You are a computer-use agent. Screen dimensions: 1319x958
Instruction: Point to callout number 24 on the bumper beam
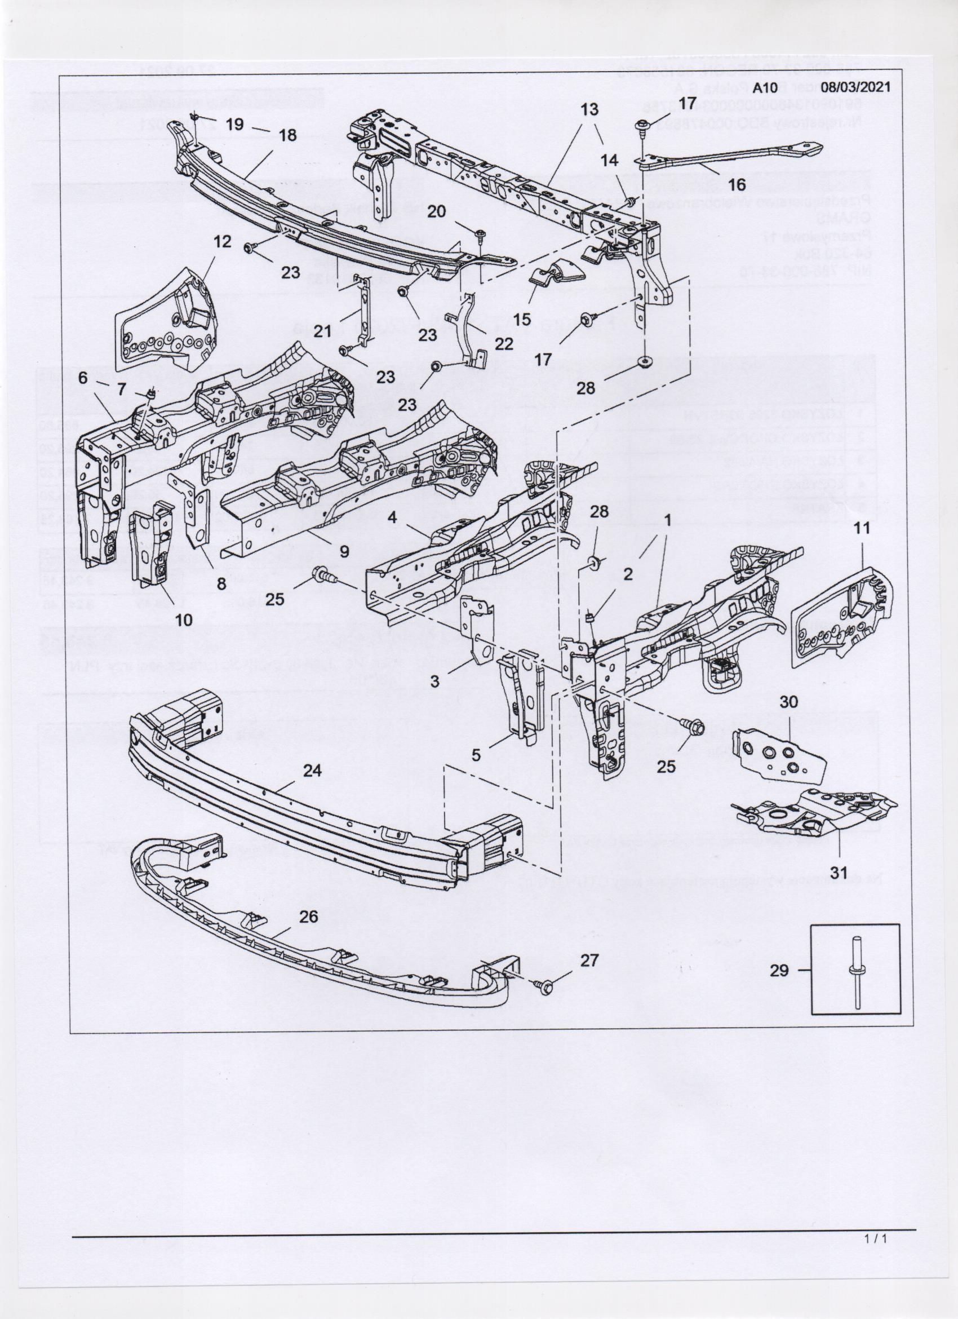click(312, 771)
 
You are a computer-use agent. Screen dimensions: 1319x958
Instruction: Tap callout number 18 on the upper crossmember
click(287, 135)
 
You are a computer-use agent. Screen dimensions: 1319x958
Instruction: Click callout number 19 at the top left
click(234, 125)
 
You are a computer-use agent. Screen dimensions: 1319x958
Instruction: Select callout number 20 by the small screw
click(437, 211)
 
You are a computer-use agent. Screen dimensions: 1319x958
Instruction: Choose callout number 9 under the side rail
click(344, 551)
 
